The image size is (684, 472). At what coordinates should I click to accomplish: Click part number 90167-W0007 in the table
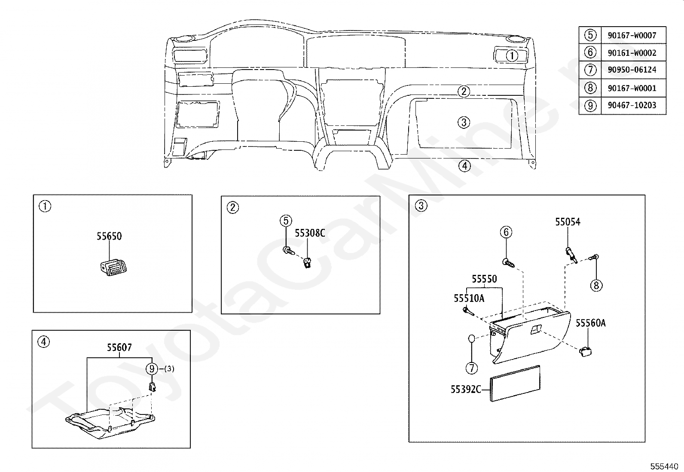(632, 35)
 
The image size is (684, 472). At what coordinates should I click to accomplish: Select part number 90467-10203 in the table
(632, 105)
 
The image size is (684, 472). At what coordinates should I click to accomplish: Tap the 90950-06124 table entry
(632, 70)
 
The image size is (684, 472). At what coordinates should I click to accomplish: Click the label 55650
(109, 236)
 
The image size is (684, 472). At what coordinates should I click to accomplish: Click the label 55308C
(310, 233)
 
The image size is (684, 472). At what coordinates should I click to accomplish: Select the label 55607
(119, 347)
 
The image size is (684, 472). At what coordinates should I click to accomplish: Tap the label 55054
(568, 222)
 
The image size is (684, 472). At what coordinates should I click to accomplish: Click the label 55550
(484, 279)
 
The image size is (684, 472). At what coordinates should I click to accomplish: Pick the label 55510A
(469, 298)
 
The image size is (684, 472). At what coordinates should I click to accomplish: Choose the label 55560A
(591, 323)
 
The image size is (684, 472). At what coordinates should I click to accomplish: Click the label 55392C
(466, 389)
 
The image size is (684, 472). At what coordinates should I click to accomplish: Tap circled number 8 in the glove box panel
(596, 285)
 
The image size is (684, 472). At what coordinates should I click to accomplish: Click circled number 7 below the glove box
(472, 368)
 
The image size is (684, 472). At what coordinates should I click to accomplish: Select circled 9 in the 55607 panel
(152, 368)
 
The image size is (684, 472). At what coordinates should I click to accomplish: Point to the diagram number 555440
(664, 466)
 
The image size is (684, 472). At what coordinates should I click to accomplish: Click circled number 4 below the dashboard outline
(464, 165)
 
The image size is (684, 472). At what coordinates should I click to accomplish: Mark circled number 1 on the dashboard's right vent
(511, 55)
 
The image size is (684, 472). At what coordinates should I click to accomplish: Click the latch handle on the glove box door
(536, 330)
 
